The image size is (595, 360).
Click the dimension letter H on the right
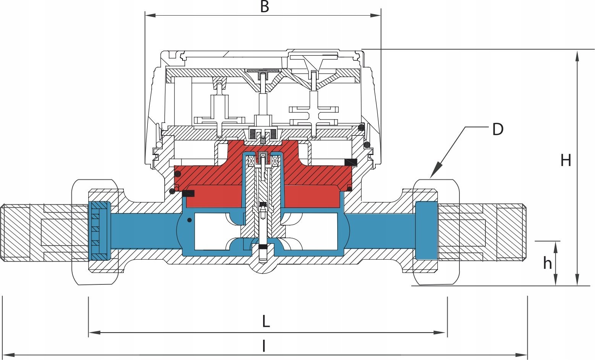point(566,160)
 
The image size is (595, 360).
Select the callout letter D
point(498,129)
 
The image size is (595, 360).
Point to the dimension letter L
point(266,321)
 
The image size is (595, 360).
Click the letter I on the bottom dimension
point(264,346)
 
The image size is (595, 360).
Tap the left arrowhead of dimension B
point(150,15)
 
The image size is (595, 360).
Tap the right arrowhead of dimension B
point(375,15)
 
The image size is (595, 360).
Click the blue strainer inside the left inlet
point(99,231)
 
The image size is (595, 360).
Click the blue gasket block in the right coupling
point(426,231)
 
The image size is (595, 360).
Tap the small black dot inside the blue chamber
point(189,220)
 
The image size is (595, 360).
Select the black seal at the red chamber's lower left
point(188,194)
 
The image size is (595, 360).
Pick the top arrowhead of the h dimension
point(555,247)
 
